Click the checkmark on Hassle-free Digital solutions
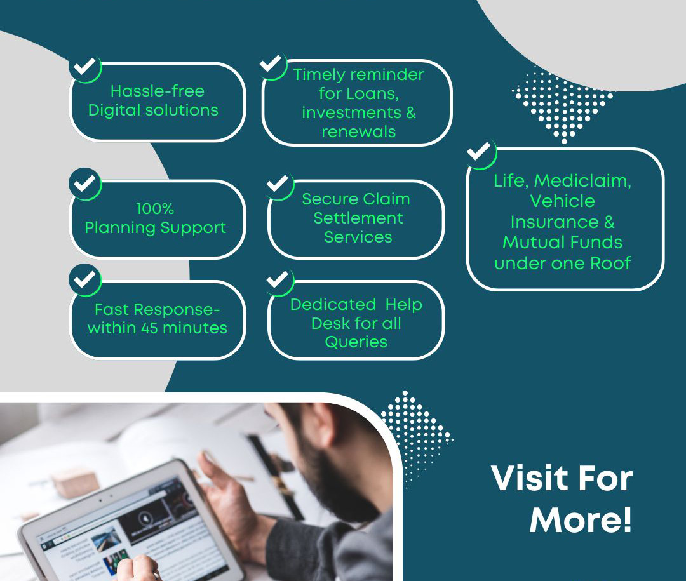tap(85, 67)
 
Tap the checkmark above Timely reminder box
tap(271, 64)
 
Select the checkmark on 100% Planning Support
tap(85, 183)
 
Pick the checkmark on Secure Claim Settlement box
tap(278, 184)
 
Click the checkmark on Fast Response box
tap(85, 279)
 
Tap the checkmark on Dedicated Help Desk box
tap(278, 279)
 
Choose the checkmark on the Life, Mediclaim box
tap(479, 151)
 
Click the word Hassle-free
tap(158, 91)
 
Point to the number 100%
tap(156, 209)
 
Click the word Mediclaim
tap(582, 181)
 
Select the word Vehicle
tap(563, 201)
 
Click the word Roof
tap(610, 264)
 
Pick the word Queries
tap(356, 342)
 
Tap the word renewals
tap(359, 131)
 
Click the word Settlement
tap(358, 218)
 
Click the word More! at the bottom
tap(581, 519)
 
